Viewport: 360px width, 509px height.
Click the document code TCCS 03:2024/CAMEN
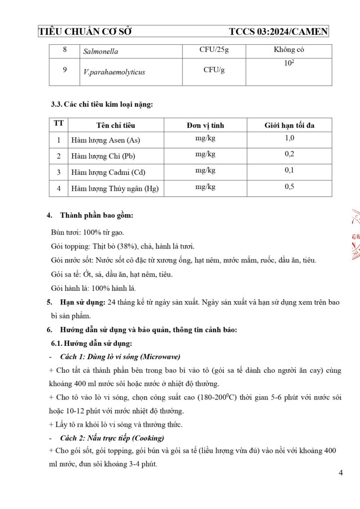pyautogui.click(x=278, y=32)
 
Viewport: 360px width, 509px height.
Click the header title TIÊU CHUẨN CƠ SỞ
pyautogui.click(x=85, y=32)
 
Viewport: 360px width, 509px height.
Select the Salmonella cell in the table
pyautogui.click(x=100, y=51)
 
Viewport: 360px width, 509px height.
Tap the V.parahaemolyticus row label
pyautogui.click(x=114, y=72)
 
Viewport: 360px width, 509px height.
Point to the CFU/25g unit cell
pyautogui.click(x=214, y=50)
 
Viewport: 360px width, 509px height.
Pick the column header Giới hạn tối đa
pyautogui.click(x=289, y=125)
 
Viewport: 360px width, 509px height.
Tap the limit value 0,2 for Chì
pyautogui.click(x=289, y=154)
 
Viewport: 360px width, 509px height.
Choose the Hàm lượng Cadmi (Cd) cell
pyautogui.click(x=105, y=172)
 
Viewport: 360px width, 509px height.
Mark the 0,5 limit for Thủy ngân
pyautogui.click(x=289, y=187)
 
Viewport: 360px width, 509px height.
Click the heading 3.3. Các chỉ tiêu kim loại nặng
pyautogui.click(x=102, y=104)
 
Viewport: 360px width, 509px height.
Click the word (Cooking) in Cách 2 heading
pyautogui.click(x=149, y=438)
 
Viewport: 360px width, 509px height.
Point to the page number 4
pyautogui.click(x=340, y=473)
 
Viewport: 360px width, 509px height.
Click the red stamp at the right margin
pyautogui.click(x=355, y=234)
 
